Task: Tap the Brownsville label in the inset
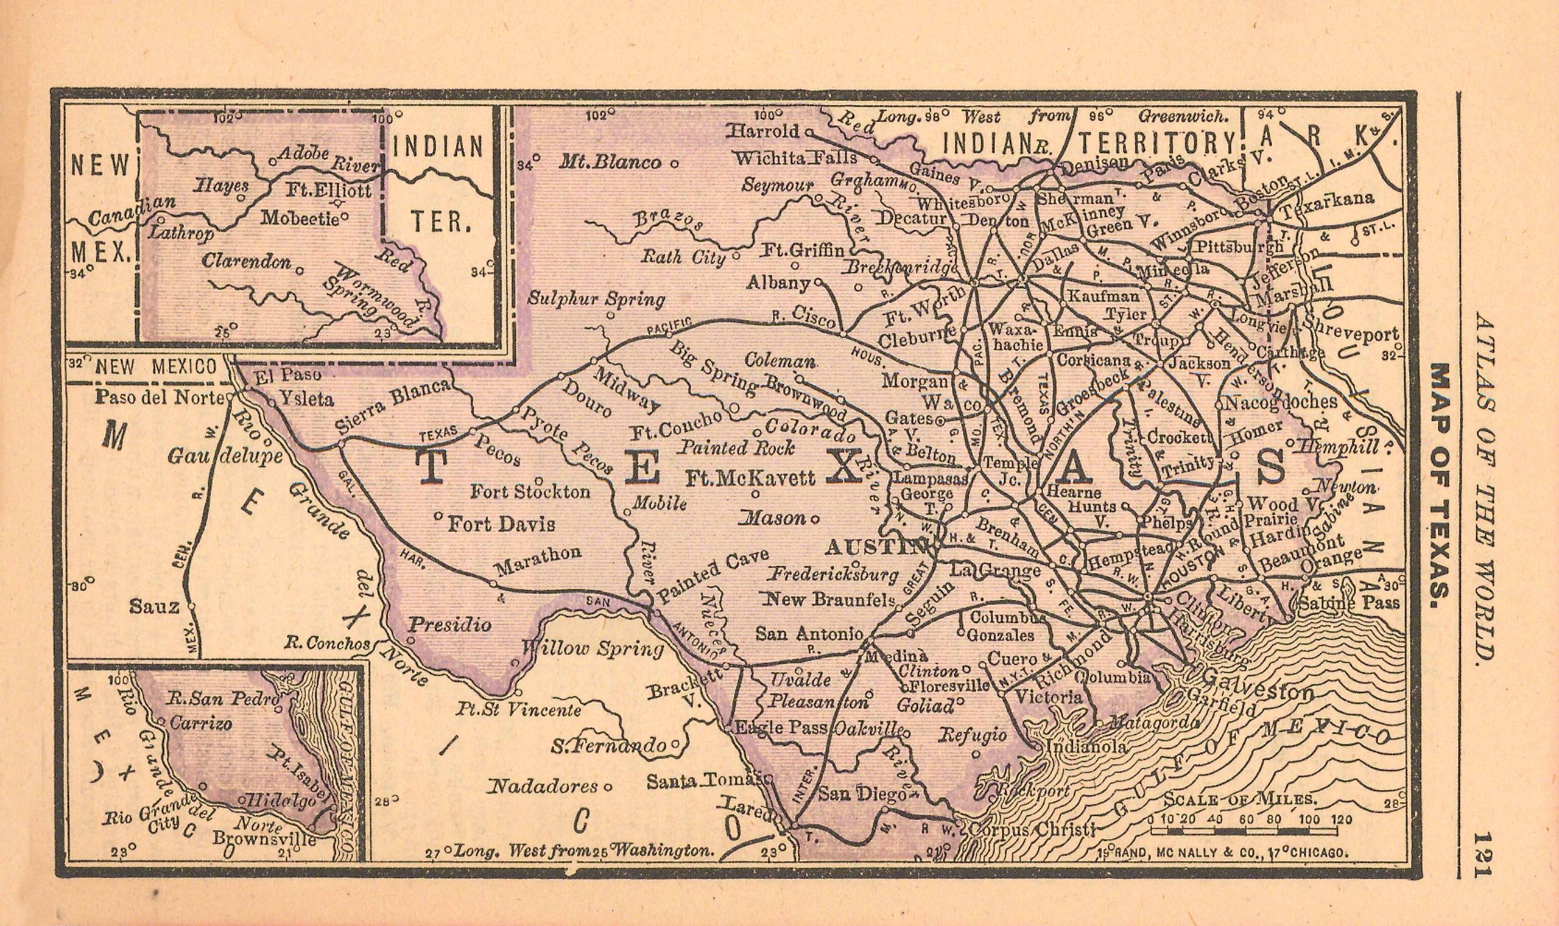point(263,837)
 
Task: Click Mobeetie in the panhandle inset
point(300,218)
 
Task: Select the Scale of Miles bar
point(1243,831)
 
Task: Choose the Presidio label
point(449,624)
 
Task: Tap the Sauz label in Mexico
point(154,605)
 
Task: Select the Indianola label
point(1087,746)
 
